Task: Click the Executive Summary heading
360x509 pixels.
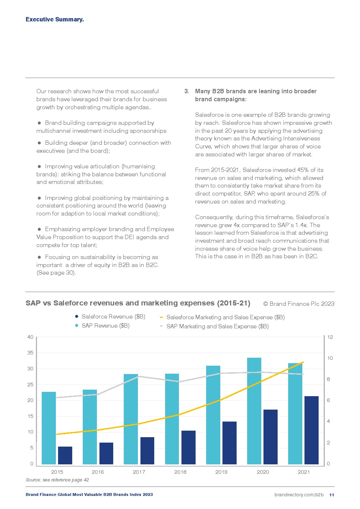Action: [54, 20]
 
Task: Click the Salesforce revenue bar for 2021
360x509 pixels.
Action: [311, 430]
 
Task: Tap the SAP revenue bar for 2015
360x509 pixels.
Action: [49, 428]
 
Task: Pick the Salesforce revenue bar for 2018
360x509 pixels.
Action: [188, 447]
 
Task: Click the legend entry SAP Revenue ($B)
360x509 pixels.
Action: [105, 326]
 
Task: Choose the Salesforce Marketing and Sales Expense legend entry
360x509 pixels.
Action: [225, 317]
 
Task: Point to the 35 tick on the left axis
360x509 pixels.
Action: [30, 353]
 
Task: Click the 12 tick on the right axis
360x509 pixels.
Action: [330, 337]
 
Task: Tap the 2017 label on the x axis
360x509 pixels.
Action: [139, 472]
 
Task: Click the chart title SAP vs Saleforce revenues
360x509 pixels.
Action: [138, 303]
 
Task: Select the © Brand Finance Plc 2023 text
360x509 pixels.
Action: [298, 304]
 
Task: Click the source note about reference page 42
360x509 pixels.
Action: [57, 480]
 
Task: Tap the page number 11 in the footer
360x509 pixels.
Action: [332, 495]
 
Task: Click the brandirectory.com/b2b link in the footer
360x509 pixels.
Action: [299, 495]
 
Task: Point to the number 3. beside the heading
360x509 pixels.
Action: [187, 91]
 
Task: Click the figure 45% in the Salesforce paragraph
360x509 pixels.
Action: [303, 170]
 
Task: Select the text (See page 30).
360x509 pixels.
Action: [56, 273]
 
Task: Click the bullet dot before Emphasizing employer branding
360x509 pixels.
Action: [39, 229]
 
